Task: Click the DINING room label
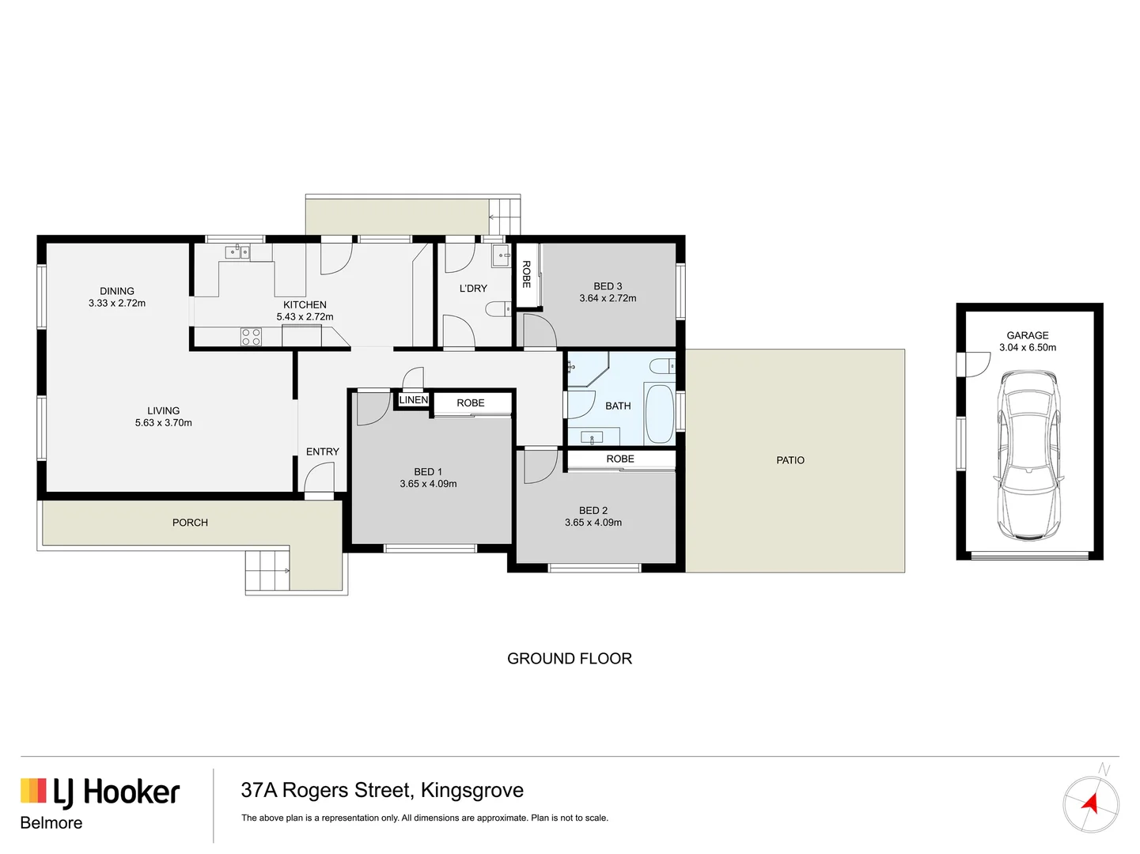coord(117,291)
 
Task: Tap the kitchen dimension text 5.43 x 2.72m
coord(305,317)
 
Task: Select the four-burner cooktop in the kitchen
coord(251,337)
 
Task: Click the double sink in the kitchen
coord(237,252)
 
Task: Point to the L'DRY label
coord(473,289)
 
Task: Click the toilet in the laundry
coord(498,309)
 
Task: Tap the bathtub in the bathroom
coord(659,414)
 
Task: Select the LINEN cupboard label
coord(413,400)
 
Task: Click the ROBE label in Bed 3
coord(526,274)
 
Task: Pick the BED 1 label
coord(428,472)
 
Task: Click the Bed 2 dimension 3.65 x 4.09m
coord(593,523)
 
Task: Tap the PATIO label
coord(790,460)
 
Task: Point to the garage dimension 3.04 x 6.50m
coord(1028,348)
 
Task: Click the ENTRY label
coord(323,452)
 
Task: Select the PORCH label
coord(190,523)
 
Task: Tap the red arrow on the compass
coord(1091,804)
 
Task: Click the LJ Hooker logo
coord(100,792)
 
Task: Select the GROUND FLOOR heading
coord(570,659)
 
